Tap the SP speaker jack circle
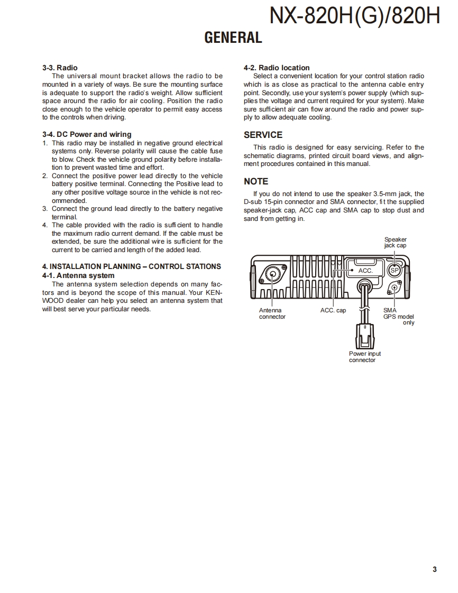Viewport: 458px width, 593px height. [394, 270]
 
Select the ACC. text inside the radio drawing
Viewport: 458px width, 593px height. [365, 271]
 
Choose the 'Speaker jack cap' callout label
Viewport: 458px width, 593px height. [395, 243]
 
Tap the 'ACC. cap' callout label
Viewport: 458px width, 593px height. [333, 310]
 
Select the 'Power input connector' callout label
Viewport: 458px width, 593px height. [364, 357]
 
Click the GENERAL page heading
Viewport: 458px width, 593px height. [233, 38]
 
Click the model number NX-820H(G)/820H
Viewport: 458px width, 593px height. [354, 16]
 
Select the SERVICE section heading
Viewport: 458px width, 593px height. [263, 135]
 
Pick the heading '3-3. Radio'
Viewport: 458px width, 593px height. [60, 68]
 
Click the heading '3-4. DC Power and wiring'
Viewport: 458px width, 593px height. [87, 134]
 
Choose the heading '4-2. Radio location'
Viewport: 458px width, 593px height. [277, 68]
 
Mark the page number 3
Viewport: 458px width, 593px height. [434, 569]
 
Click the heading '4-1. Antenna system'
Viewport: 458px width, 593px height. [78, 275]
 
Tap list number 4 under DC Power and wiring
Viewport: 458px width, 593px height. [45, 225]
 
